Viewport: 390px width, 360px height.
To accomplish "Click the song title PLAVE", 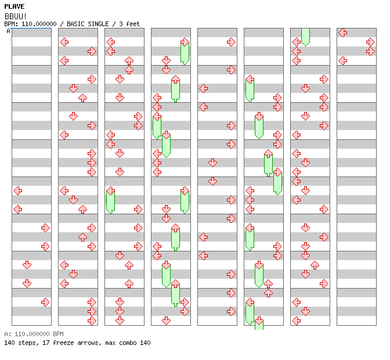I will click(x=14, y=6).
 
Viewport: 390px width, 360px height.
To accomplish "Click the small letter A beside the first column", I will click(x=8, y=31).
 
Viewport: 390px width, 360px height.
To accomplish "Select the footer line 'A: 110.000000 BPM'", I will click(x=34, y=334).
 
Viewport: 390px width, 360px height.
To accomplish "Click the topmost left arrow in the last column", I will click(x=343, y=33).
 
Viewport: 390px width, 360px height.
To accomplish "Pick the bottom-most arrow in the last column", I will click(x=343, y=60).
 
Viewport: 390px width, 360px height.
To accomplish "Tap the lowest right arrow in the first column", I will click(x=45, y=302).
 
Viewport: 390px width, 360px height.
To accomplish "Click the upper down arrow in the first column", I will click(x=27, y=265).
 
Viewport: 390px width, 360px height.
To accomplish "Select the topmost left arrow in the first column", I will click(x=17, y=190).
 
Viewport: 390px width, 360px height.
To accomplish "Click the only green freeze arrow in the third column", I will click(x=110, y=200).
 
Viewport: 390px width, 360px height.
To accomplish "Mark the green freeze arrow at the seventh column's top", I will click(x=305, y=36).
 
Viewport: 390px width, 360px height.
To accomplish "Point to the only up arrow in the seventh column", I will click(x=315, y=265).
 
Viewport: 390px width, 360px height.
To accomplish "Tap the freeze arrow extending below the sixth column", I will click(x=259, y=324).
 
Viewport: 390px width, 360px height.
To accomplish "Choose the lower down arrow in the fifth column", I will click(x=212, y=181).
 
